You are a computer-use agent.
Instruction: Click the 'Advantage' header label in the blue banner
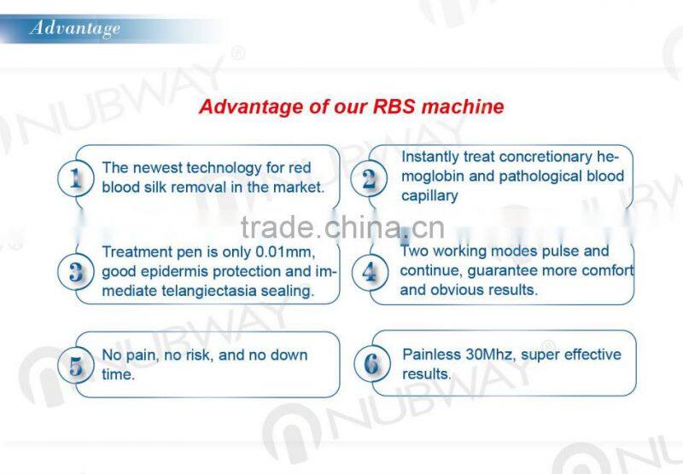click(x=75, y=29)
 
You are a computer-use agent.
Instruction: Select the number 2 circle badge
click(x=368, y=180)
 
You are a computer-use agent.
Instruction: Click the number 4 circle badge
click(x=369, y=272)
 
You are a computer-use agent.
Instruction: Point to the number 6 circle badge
click(x=371, y=365)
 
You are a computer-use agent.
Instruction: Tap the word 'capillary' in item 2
click(x=429, y=196)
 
